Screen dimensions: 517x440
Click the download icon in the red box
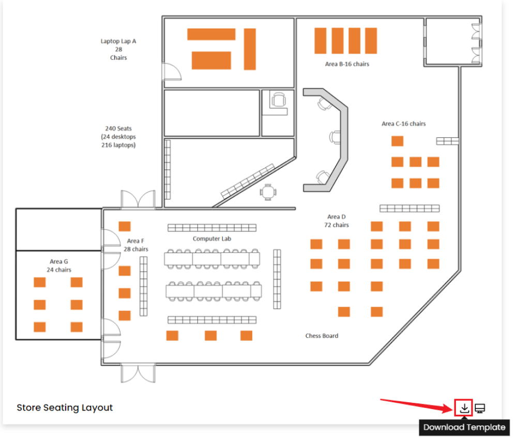click(x=464, y=408)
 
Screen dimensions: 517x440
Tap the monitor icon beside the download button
click(x=480, y=408)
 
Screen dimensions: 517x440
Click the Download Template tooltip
click(x=464, y=427)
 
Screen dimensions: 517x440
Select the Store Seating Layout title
click(x=65, y=407)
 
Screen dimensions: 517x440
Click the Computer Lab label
click(x=212, y=239)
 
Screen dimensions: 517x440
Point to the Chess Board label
click(x=322, y=336)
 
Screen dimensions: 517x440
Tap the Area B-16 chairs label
click(x=347, y=64)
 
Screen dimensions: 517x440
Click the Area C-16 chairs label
click(x=404, y=123)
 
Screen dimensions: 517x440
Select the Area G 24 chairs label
click(x=58, y=265)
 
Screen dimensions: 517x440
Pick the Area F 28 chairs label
click(x=135, y=245)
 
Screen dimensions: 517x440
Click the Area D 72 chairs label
click(x=337, y=221)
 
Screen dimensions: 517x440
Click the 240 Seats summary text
click(x=118, y=137)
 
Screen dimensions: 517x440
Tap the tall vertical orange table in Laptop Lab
click(x=250, y=49)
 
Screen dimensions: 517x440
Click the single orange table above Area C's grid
click(x=397, y=141)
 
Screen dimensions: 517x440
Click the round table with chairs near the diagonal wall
click(x=268, y=192)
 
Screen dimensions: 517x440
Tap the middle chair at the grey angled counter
click(x=336, y=137)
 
